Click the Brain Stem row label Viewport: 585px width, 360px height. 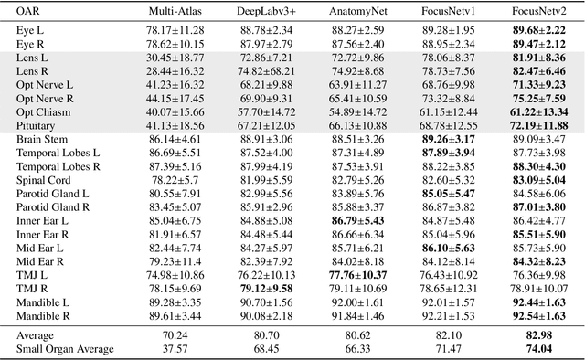point(45,138)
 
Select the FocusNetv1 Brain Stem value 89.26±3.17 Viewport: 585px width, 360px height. point(447,138)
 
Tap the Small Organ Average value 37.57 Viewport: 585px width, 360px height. point(179,348)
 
